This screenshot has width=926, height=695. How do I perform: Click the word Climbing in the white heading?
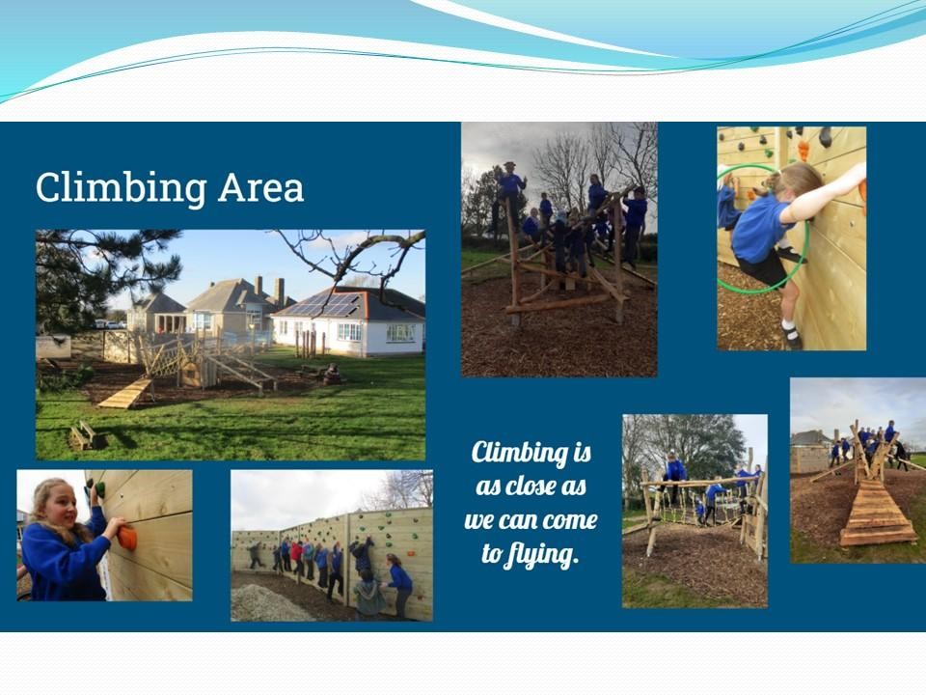pos(122,188)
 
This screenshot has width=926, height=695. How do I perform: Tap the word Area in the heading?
pos(260,188)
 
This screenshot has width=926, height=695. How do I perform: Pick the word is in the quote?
pos(583,452)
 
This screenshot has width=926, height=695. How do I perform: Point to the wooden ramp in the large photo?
pos(124,394)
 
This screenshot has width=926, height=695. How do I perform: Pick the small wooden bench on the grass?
pos(84,435)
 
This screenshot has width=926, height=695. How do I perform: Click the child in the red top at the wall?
pos(296,557)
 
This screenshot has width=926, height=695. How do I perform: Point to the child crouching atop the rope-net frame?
pos(673,468)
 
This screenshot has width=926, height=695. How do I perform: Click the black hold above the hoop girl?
pos(825,137)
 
